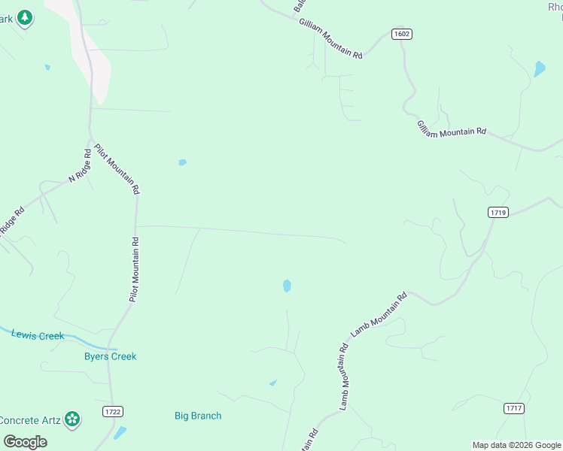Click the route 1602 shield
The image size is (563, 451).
[402, 35]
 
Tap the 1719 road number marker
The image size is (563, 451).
[498, 213]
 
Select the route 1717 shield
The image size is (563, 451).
[514, 408]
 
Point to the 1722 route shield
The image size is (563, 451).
[112, 411]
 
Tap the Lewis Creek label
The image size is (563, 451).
[38, 335]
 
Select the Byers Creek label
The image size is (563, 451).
[110, 356]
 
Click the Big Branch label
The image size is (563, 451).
[198, 416]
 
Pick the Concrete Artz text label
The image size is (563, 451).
[30, 419]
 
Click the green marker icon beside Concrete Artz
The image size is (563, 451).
[72, 419]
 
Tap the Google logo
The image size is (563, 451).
[25, 441]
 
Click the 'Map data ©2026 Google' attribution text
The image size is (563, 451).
[516, 445]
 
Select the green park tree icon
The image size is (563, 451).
[25, 17]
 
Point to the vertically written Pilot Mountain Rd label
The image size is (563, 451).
[134, 270]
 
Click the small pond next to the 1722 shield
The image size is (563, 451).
[120, 432]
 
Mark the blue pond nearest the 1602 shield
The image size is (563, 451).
[539, 69]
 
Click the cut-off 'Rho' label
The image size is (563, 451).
[555, 7]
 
